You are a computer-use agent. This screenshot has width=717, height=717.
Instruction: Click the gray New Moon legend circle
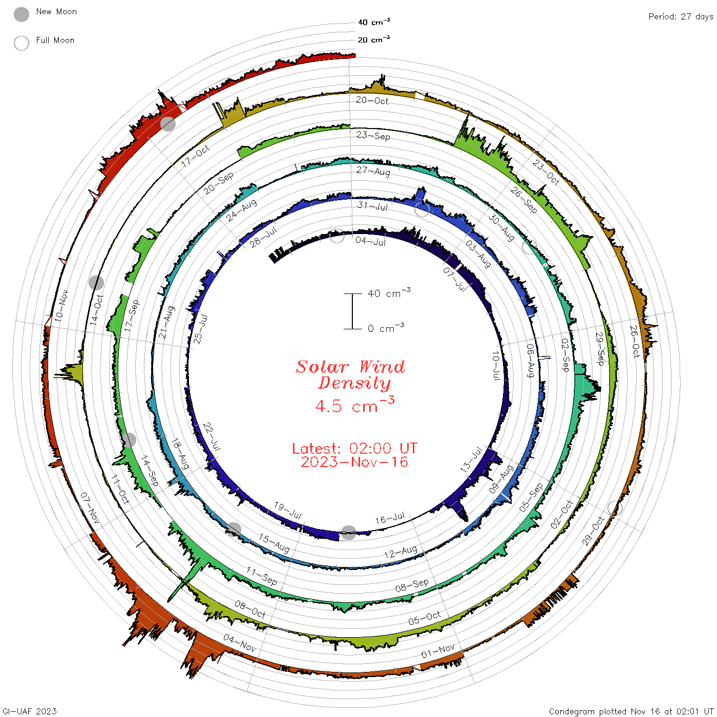(21, 14)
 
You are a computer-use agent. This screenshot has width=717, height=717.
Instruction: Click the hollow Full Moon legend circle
(21, 43)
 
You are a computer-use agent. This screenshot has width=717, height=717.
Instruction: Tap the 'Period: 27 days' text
(681, 17)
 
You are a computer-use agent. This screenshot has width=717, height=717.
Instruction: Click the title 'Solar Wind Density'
(350, 375)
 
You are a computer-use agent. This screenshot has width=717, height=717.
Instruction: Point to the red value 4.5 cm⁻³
(355, 405)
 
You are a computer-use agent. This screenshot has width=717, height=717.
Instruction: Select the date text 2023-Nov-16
(354, 462)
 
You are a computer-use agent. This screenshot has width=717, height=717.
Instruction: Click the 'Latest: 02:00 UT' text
(354, 448)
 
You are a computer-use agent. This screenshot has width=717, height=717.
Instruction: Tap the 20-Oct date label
(372, 100)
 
